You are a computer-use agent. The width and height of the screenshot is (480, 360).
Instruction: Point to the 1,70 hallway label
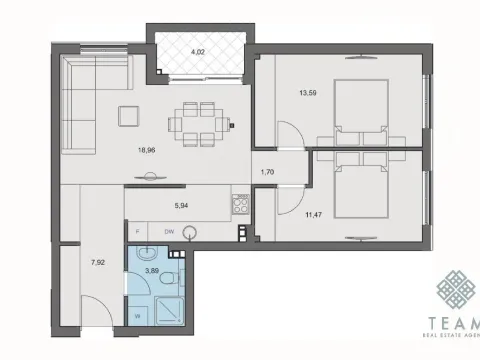click(x=266, y=173)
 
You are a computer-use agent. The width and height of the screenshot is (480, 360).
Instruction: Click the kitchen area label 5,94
click(x=182, y=207)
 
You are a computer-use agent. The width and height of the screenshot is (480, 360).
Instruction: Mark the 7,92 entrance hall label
click(x=98, y=263)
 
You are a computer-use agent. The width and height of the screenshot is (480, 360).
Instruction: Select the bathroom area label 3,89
click(x=152, y=271)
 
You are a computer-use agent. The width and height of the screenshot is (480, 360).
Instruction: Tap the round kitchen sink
click(x=191, y=231)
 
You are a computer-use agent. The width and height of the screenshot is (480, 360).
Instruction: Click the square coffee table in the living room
click(x=128, y=115)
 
